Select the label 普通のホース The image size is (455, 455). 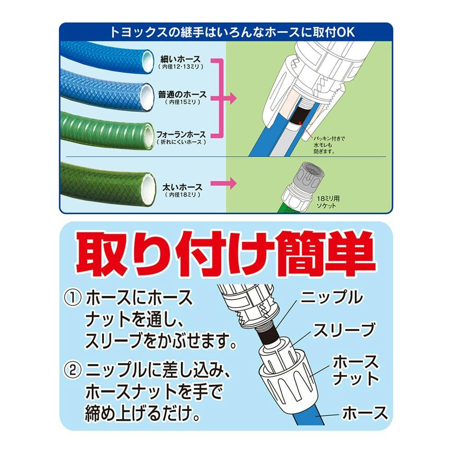182,95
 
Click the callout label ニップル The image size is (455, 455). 331,298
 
